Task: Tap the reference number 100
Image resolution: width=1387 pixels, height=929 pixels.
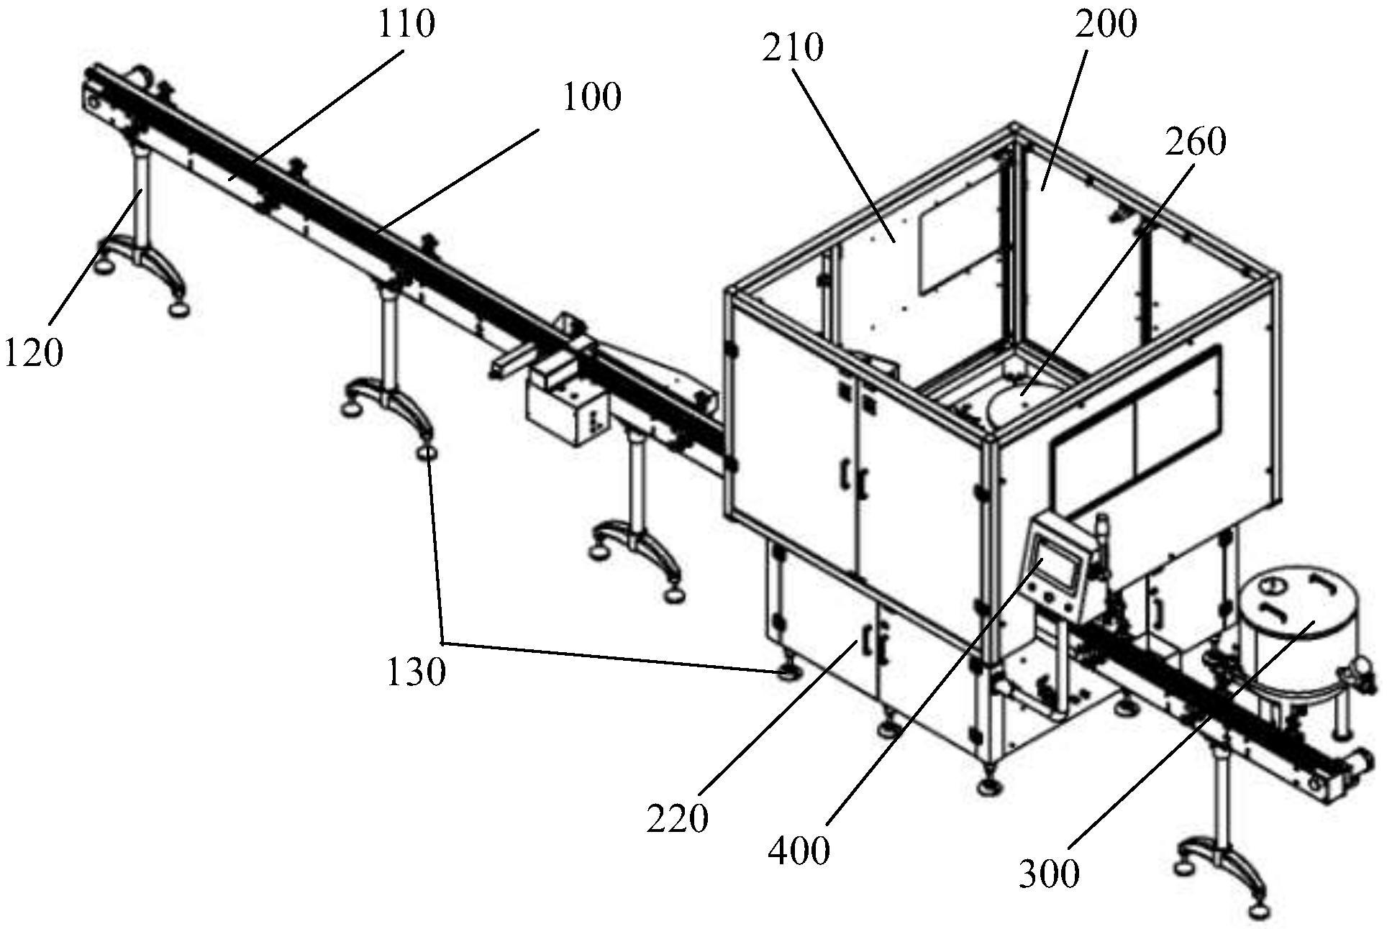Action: pos(591,97)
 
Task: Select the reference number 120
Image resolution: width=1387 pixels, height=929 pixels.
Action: pos(34,353)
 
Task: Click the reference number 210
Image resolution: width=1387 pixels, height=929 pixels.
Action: pos(793,48)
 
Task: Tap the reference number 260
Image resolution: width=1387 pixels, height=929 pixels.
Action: pos(1196,142)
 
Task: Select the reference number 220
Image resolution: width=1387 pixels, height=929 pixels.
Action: pos(677,818)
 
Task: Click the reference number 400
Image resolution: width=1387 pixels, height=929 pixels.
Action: pos(799,851)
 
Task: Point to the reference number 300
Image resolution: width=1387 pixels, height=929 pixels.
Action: pos(1049,874)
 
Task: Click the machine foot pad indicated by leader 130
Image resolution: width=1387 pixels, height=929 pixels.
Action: pos(790,674)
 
